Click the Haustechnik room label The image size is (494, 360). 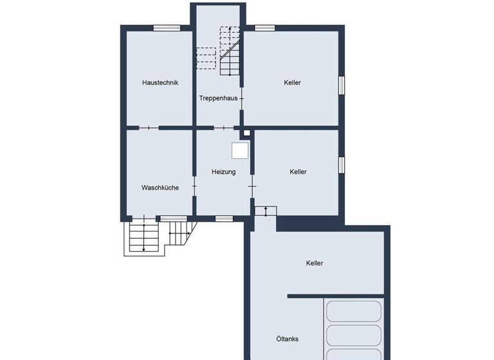tap(160, 82)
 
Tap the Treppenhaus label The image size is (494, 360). tap(218, 98)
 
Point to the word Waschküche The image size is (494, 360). tap(160, 188)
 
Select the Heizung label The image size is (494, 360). tap(224, 172)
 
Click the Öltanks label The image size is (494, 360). tap(287, 339)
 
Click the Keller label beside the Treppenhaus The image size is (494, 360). tap(293, 82)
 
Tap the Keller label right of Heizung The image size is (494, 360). tap(298, 172)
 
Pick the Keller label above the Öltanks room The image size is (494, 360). tap(315, 263)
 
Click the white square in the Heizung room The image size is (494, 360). tap(240, 150)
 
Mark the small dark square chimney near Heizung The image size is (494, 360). tap(246, 134)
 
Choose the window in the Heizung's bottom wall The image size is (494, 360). tap(224, 219)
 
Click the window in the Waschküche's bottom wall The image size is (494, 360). tap(173, 219)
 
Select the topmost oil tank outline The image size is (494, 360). tap(354, 311)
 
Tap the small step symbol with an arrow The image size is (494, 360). tap(265, 210)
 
